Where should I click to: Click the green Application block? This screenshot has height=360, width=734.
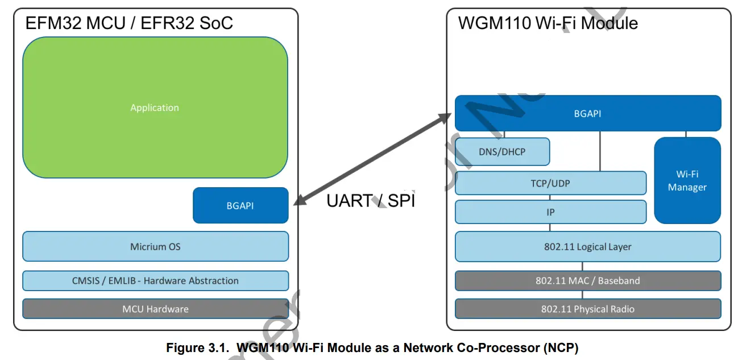click(155, 107)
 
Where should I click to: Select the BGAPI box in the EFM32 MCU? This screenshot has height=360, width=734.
click(240, 205)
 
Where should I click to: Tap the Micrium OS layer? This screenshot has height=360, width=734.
click(155, 247)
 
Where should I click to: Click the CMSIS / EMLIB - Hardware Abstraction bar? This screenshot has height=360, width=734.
click(155, 280)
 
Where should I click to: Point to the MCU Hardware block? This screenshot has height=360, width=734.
click(155, 309)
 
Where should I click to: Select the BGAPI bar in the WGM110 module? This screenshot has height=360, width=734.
click(587, 113)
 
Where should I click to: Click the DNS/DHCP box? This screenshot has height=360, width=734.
click(502, 152)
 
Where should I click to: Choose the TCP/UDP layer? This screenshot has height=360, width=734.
click(550, 183)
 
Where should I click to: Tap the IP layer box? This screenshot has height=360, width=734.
click(550, 212)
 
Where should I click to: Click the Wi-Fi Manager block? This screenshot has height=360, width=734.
click(687, 180)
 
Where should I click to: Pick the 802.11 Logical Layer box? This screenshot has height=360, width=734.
click(587, 247)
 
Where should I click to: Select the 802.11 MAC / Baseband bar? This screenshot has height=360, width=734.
click(587, 280)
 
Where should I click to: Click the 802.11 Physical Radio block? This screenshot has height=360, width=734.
click(587, 309)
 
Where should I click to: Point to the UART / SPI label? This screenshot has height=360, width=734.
click(370, 200)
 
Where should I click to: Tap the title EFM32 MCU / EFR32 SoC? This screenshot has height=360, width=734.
click(129, 23)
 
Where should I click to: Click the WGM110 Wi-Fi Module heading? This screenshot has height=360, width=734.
click(548, 23)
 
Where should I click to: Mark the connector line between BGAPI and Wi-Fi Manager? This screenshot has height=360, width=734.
click(686, 134)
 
